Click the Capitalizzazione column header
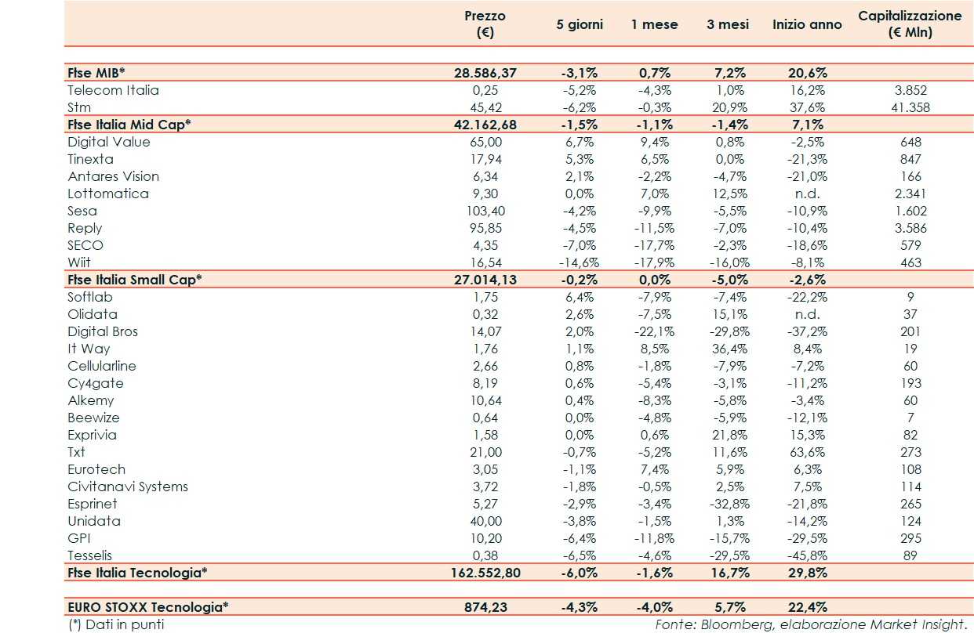[910, 24]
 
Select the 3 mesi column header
[727, 24]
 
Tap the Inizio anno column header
[806, 24]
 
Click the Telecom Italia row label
[113, 90]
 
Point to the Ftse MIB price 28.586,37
[485, 73]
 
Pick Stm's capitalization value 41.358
[910, 107]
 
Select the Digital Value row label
[108, 142]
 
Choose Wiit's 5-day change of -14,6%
[579, 262]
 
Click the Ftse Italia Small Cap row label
[134, 280]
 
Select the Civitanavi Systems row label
[128, 487]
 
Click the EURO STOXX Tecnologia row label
[148, 606]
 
